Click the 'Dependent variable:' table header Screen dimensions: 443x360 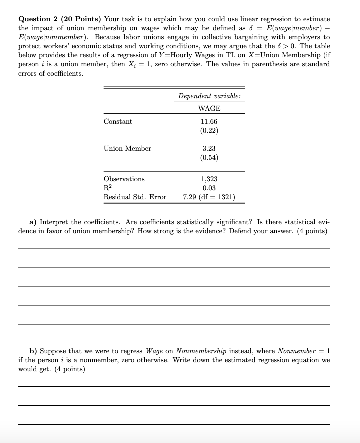209,96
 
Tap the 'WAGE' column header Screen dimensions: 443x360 209,108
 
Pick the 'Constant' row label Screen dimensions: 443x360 118,122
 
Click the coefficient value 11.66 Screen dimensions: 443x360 209,122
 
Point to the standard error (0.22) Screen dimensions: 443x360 209,131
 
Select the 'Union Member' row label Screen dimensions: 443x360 127,148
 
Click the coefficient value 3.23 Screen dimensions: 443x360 209,148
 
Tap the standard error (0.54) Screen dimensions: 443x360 209,158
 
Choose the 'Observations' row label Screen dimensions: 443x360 124,179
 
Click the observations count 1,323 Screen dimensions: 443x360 209,179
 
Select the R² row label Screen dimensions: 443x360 108,188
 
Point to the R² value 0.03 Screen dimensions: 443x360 209,188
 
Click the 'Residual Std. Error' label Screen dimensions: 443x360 135,197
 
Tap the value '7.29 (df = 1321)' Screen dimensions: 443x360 209,197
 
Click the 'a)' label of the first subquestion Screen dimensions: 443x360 33,222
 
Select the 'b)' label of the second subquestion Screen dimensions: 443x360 33,351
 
